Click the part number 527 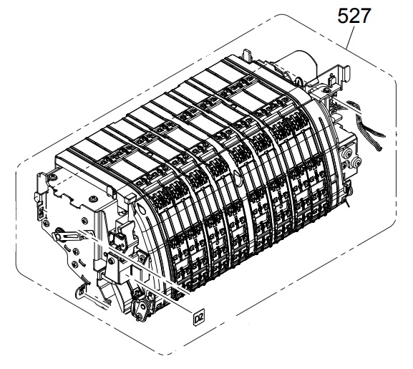354,16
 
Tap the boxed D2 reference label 199,319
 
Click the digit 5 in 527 343,16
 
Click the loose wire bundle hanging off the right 369,124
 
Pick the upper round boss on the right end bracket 347,153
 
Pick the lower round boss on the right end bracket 357,163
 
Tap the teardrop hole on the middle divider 237,175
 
